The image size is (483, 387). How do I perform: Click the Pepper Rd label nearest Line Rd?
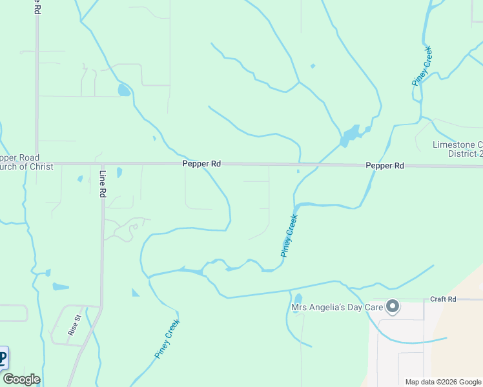coord(201,164)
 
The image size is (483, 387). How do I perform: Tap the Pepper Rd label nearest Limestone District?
coord(385,166)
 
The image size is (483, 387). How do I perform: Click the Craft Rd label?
coord(443,299)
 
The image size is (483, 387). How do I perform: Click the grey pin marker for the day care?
coord(391,306)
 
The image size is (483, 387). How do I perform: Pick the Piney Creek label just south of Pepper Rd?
coord(289,236)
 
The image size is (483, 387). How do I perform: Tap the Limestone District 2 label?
coord(457,150)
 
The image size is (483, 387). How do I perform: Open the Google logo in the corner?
coord(21,379)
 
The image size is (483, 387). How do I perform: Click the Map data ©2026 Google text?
coord(442,382)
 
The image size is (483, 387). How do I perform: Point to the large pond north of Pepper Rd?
coord(351,135)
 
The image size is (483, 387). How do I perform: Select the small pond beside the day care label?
coord(298,299)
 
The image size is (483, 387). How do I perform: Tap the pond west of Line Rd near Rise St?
coord(60,286)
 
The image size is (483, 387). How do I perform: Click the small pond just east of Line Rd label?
coord(119,172)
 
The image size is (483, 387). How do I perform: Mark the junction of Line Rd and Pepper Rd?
coord(102,164)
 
